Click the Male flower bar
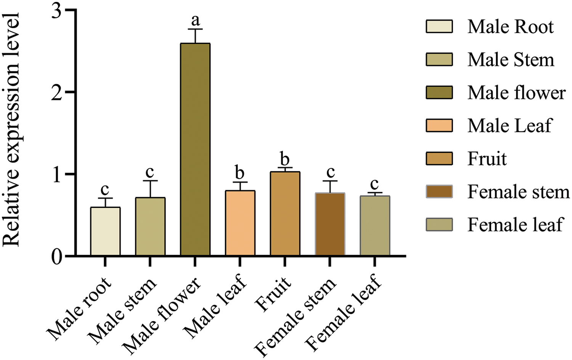click(195, 149)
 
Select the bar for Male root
click(105, 231)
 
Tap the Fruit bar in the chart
click(285, 214)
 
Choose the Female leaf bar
click(375, 225)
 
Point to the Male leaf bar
click(240, 223)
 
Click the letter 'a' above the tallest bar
click(196, 20)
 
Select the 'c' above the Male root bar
click(105, 189)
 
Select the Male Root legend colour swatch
click(439, 27)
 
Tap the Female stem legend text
click(518, 192)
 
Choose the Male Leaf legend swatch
click(439, 125)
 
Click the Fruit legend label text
click(487, 159)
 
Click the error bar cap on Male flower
click(195, 29)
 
